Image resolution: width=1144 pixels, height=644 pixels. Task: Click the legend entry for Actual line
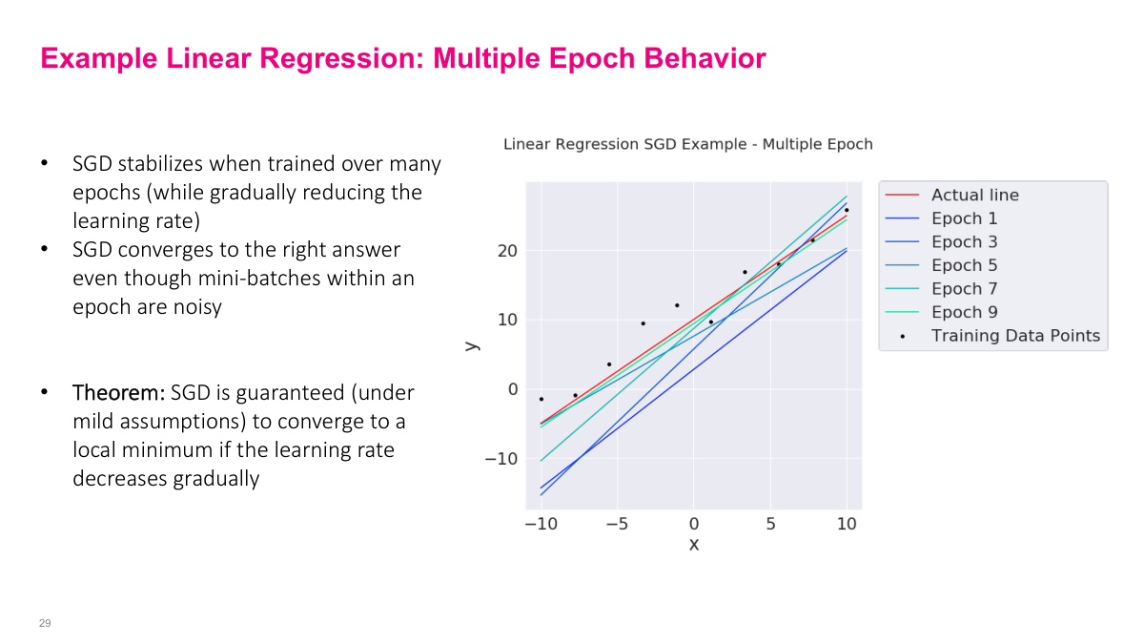click(974, 195)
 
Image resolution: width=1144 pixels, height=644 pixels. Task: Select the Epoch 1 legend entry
click(964, 218)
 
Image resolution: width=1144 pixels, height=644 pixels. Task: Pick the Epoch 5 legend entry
click(964, 265)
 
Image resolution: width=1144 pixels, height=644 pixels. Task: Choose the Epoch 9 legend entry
click(964, 312)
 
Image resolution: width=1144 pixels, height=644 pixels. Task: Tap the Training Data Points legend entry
click(1015, 336)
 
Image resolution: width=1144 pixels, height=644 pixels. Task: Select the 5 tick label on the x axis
click(769, 525)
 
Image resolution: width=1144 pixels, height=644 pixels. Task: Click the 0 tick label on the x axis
click(694, 525)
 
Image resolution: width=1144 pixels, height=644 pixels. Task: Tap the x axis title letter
click(694, 545)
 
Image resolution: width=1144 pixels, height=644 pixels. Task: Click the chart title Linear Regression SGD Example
click(687, 145)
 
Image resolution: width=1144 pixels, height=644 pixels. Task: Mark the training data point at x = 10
click(846, 210)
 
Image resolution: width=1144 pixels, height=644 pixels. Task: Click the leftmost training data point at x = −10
click(541, 399)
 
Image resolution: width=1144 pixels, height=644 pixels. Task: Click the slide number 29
click(45, 623)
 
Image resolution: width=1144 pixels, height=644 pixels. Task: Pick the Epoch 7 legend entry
click(964, 289)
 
